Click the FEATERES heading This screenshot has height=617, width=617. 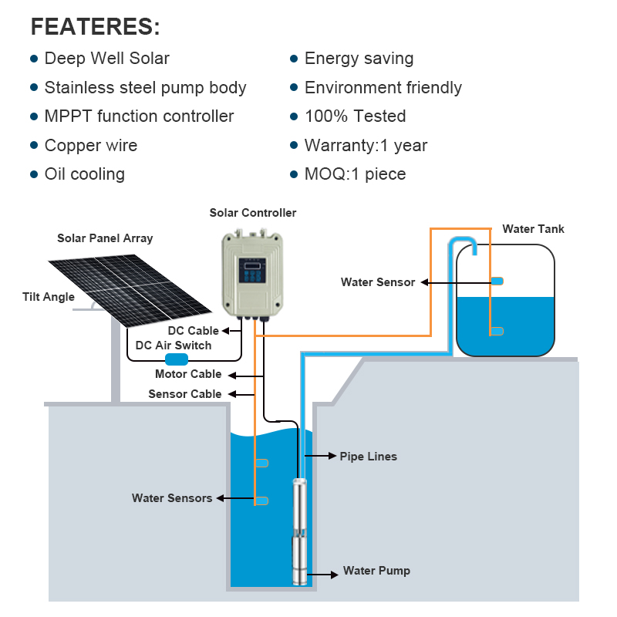[95, 27]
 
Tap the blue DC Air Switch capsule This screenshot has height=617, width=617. [177, 359]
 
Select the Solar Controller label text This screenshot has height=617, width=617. [253, 213]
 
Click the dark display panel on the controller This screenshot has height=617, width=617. [252, 271]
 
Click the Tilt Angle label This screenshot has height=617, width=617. [49, 297]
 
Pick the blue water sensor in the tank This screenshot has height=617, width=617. [497, 281]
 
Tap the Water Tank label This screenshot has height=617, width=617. [533, 229]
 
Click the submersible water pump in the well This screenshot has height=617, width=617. [299, 531]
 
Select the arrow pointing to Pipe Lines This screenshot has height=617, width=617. [320, 456]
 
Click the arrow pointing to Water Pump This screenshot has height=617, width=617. [322, 575]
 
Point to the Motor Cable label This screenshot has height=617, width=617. [188, 374]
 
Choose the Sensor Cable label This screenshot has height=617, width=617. [185, 394]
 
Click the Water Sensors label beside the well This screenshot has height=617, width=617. [172, 498]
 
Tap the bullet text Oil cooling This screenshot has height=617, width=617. [85, 174]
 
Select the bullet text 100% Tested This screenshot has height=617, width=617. [356, 116]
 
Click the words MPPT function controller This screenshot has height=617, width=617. [139, 116]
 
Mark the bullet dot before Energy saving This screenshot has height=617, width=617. [294, 59]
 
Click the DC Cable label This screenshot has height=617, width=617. [194, 331]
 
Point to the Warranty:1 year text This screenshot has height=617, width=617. [366, 145]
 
